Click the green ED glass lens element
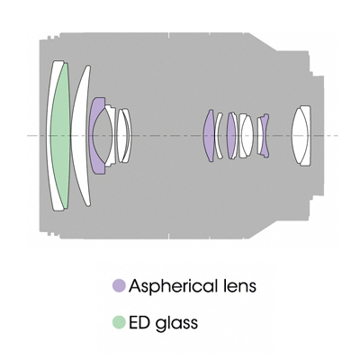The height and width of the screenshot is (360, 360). click(x=60, y=136)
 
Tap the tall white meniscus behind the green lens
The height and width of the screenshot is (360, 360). click(x=80, y=136)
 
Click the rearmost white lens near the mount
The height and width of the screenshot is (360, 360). click(x=301, y=136)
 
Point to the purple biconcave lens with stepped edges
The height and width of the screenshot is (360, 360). click(x=264, y=136)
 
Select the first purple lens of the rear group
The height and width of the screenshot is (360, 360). click(x=209, y=136)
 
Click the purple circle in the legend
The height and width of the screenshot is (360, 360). click(x=119, y=285)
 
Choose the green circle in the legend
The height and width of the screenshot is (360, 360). click(x=119, y=322)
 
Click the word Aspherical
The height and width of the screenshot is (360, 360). click(x=172, y=287)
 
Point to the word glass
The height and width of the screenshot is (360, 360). click(x=176, y=324)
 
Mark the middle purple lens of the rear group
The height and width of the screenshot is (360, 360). click(x=230, y=136)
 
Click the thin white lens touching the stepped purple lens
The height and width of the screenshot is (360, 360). click(x=259, y=136)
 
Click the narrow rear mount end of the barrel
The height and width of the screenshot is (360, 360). click(x=318, y=136)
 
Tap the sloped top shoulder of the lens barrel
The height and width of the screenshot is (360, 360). click(x=263, y=42)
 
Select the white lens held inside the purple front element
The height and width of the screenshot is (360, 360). click(x=104, y=136)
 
